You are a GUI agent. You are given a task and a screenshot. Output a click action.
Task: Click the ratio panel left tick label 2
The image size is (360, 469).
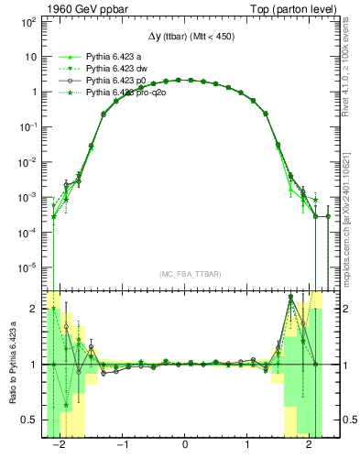pos(33,310)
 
